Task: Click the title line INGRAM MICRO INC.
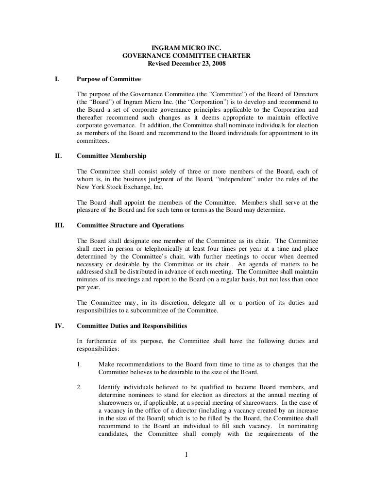tap(186, 48)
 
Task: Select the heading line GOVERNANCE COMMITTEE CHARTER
tap(186, 55)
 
